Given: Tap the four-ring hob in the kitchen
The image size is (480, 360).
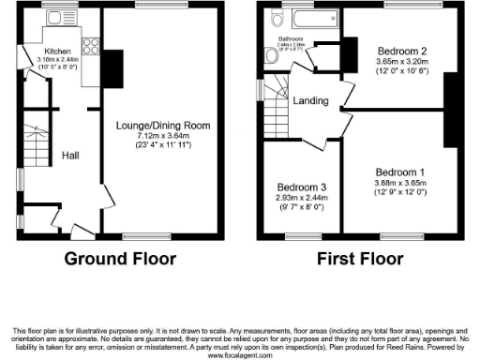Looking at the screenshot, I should pyautogui.click(x=93, y=45).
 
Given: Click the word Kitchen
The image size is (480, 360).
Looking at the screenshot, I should pyautogui.click(x=55, y=50).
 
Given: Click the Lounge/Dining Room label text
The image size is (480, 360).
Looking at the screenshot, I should pyautogui.click(x=162, y=125).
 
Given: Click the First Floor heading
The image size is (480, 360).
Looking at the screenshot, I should pyautogui.click(x=360, y=257).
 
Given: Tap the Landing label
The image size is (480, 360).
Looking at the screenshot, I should pyautogui.click(x=310, y=100).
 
